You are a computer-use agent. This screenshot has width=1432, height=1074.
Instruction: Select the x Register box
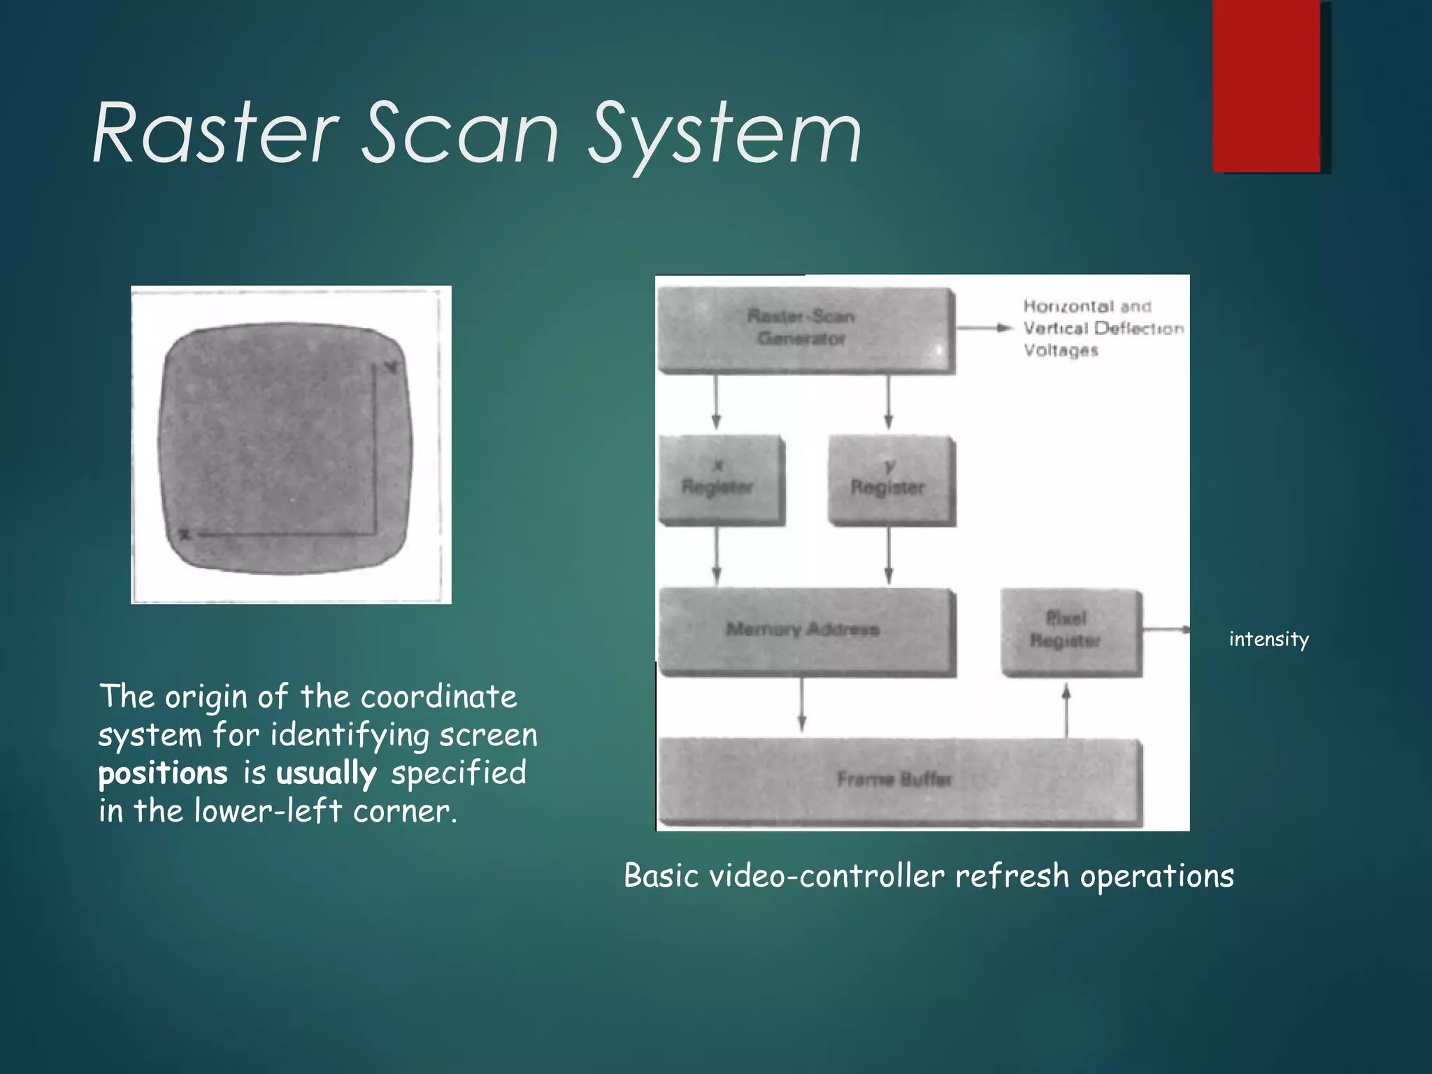coord(720,480)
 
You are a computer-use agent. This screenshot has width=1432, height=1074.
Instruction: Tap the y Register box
coord(889,480)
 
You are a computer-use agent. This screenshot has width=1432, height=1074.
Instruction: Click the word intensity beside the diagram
coord(1268,639)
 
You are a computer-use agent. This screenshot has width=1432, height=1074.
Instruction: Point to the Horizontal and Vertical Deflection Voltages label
coord(1102,328)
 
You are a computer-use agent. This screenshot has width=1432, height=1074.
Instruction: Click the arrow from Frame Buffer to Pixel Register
coord(1066,709)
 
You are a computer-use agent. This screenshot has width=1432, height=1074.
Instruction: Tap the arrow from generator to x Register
coord(716,403)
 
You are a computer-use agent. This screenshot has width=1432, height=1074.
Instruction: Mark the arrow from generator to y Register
coord(888,403)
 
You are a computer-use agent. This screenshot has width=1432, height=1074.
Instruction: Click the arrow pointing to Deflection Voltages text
coord(983,328)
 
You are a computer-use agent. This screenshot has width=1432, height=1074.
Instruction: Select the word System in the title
coord(724,136)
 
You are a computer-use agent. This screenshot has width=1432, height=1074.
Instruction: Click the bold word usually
coord(326,773)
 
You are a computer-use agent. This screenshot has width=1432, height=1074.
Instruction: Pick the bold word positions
coord(163,773)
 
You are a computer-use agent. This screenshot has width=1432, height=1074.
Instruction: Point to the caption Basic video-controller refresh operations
coord(929,875)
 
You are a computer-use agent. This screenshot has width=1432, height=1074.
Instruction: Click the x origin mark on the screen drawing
coord(185,535)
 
